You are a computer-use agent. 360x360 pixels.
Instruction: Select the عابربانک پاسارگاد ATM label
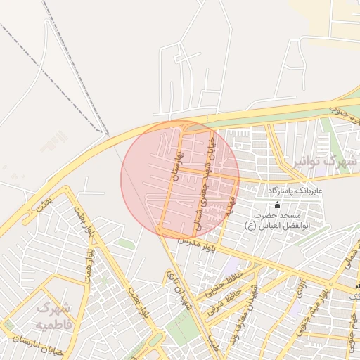(x=294, y=191)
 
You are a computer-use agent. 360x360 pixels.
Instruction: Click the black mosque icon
(x=276, y=205)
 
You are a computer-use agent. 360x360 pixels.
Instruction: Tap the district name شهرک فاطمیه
(x=54, y=316)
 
